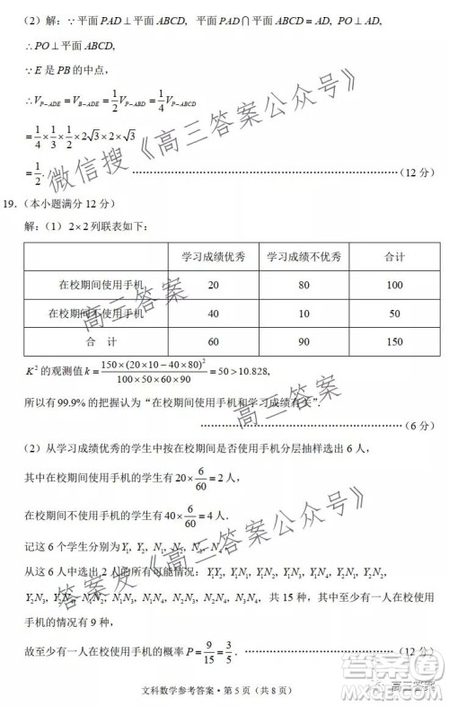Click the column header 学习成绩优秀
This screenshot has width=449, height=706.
coord(213,257)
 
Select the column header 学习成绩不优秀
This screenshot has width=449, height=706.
coord(304,257)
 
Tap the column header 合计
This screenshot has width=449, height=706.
coord(394,257)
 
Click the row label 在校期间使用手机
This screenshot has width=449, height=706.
coord(101,285)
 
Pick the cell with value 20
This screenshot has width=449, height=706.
coord(213,285)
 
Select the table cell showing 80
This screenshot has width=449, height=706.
coord(304,285)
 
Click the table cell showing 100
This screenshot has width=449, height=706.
coord(394,285)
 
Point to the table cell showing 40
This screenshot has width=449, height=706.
coord(213,313)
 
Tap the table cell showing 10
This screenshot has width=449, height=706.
coord(304,313)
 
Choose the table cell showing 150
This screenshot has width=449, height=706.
coord(394,342)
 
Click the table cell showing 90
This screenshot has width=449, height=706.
coord(304,342)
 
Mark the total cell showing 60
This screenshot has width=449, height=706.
coord(213,342)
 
